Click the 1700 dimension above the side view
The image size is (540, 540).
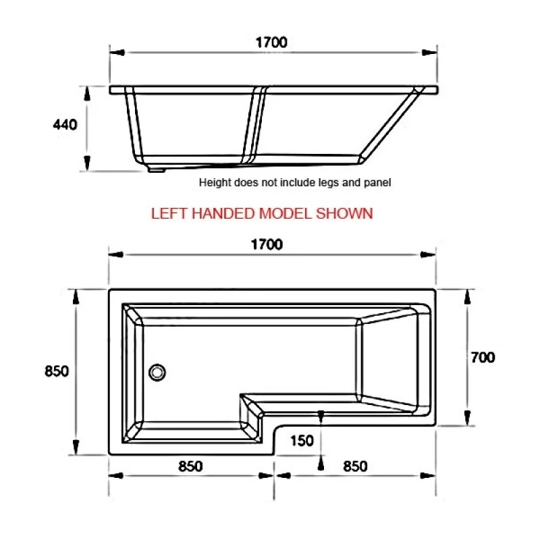tap(271, 42)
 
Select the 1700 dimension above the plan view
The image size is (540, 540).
tap(267, 245)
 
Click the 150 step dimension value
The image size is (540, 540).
tap(302, 441)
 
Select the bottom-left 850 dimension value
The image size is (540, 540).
tap(191, 466)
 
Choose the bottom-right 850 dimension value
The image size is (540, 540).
tap(355, 466)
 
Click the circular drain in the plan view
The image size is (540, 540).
tap(157, 371)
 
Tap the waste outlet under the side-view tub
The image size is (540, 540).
tap(157, 169)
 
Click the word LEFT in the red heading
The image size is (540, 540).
tap(169, 213)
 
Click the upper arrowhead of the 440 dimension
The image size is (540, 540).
tap(87, 92)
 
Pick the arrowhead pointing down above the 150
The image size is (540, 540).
tap(321, 418)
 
